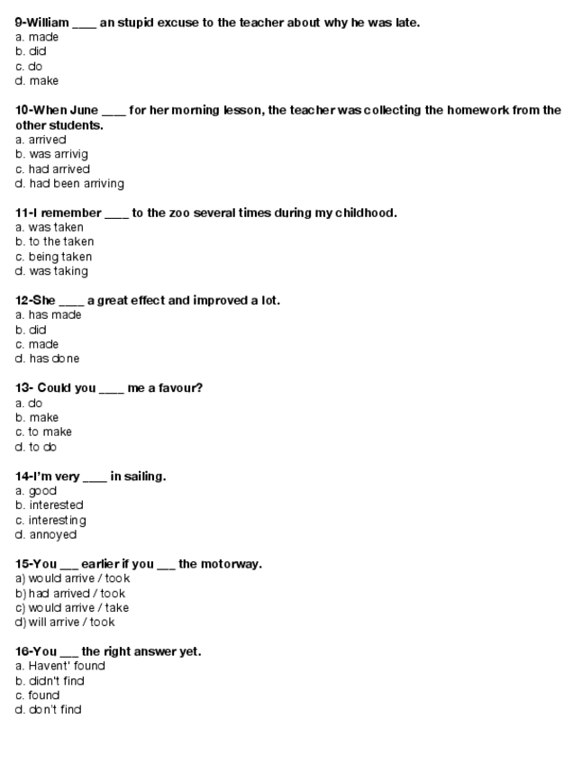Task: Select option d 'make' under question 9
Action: (x=43, y=81)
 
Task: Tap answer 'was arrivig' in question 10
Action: (x=59, y=154)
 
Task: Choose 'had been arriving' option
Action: (x=76, y=184)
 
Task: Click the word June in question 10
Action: (x=83, y=110)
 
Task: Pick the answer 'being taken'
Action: (x=59, y=257)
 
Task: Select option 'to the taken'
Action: (x=60, y=241)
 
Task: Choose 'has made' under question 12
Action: (x=54, y=315)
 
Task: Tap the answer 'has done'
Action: (x=53, y=359)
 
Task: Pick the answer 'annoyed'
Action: (x=52, y=534)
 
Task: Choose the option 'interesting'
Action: (x=57, y=520)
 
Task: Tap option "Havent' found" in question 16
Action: (x=66, y=666)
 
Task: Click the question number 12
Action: (x=23, y=300)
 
